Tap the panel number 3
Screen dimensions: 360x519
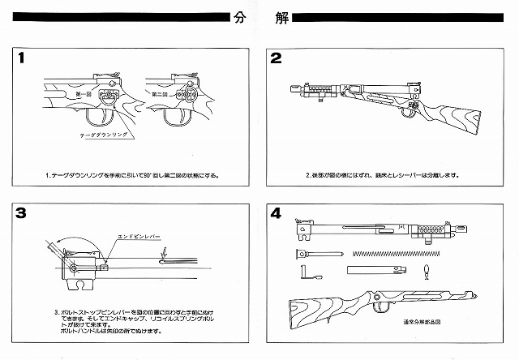point(20,213)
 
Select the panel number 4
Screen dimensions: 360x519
point(276,213)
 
